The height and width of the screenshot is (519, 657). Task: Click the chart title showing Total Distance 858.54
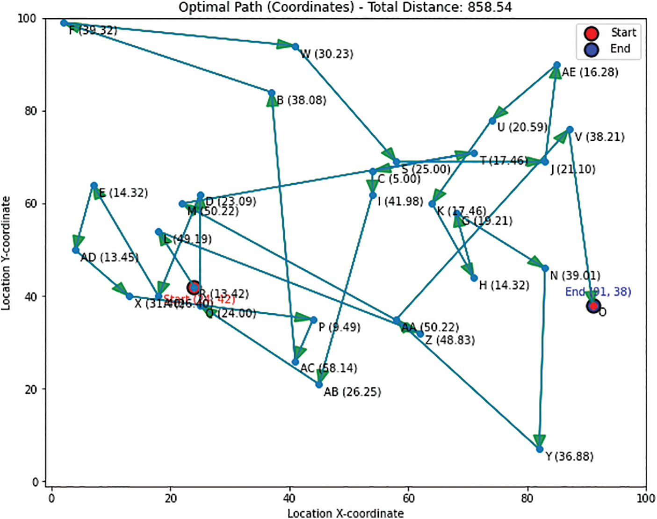pyautogui.click(x=345, y=7)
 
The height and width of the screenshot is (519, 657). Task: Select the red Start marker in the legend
pyautogui.click(x=592, y=33)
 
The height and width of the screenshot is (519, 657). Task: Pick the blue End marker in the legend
pyautogui.click(x=592, y=49)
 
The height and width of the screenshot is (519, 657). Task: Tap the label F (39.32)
pyautogui.click(x=93, y=30)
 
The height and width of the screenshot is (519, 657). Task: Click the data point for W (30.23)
pyautogui.click(x=295, y=47)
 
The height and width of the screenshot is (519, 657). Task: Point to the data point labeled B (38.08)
pyautogui.click(x=272, y=93)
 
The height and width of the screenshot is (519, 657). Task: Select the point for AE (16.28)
pyautogui.click(x=556, y=65)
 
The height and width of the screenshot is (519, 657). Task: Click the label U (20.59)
pyautogui.click(x=522, y=127)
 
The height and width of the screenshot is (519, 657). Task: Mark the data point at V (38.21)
pyautogui.click(x=570, y=130)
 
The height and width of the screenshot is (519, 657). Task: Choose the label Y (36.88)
pyautogui.click(x=569, y=456)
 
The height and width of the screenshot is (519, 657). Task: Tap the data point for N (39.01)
pyautogui.click(x=545, y=268)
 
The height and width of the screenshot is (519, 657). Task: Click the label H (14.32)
pyautogui.click(x=504, y=285)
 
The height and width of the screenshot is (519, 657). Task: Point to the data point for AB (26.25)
pyautogui.click(x=319, y=385)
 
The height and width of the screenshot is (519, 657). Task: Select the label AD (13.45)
pyautogui.click(x=109, y=257)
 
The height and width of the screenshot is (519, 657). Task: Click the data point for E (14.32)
pyautogui.click(x=94, y=186)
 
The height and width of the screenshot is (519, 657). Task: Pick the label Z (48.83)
pyautogui.click(x=450, y=340)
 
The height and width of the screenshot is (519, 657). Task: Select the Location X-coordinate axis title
pyautogui.click(x=345, y=513)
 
